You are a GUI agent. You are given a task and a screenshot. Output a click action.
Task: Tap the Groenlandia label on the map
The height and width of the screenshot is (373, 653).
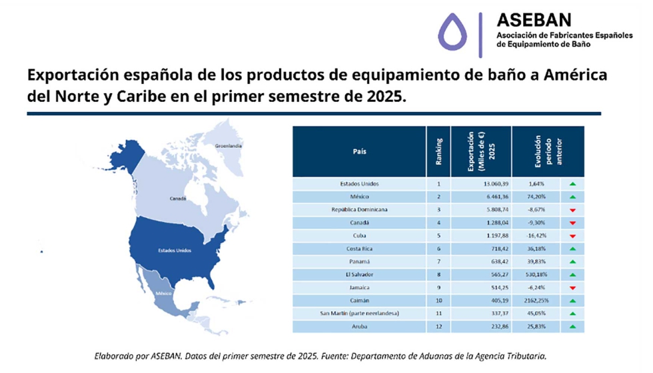coord(229,145)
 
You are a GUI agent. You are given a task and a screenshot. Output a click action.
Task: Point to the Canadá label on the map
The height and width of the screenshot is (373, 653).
coord(177,198)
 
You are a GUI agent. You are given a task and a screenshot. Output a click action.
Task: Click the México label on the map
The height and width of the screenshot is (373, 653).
coord(165,293)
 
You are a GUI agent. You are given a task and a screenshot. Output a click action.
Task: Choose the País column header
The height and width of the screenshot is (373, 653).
coord(359,151)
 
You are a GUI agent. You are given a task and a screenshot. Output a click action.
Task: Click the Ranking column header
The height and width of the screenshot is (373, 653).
coord(438,151)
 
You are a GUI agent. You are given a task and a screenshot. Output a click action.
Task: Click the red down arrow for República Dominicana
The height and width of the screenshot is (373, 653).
coord(572,210)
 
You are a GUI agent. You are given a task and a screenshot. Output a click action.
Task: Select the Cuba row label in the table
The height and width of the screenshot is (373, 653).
coord(359,235)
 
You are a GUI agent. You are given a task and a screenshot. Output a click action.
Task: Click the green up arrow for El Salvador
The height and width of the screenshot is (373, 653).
coord(572,274)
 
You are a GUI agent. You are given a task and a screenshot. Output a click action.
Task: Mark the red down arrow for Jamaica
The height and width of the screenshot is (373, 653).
coord(572,288)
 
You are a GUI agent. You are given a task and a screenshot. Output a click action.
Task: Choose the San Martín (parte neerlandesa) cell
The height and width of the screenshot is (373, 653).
coord(359,313)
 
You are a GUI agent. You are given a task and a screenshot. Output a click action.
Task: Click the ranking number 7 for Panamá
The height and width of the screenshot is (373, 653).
coord(438,261)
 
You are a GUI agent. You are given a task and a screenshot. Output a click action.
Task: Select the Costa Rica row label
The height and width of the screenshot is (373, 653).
coord(359,248)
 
